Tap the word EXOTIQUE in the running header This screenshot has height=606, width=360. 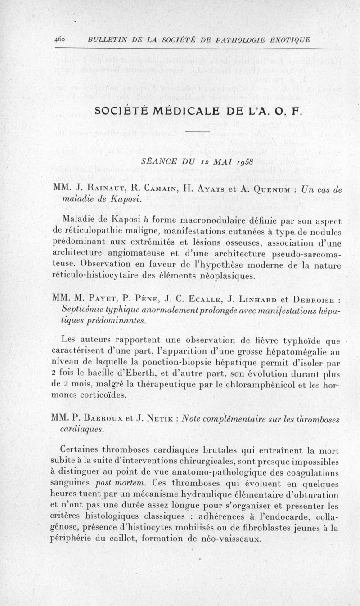[x=289, y=40]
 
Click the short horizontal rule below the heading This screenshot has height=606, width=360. [x=198, y=132]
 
